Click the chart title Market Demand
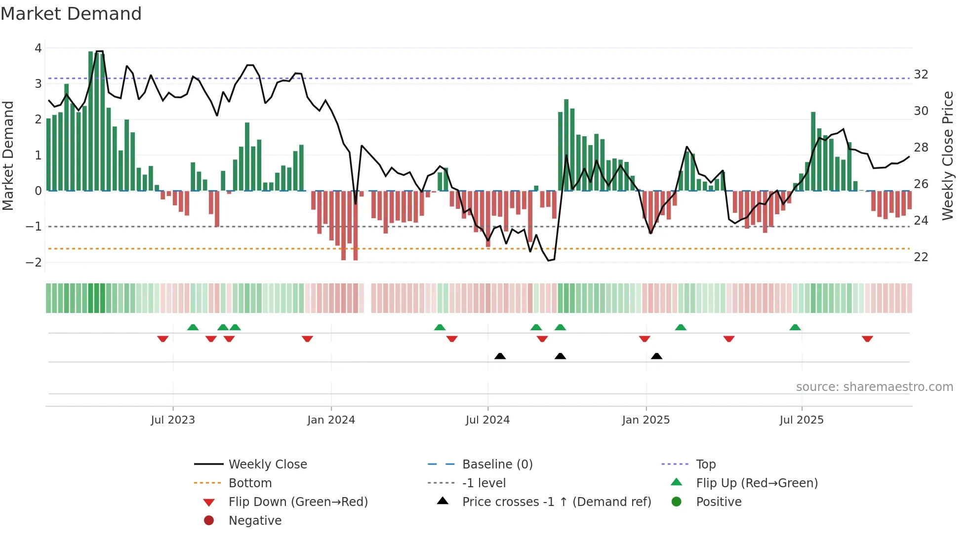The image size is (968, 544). coord(71,14)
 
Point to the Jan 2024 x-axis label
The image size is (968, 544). coord(331,420)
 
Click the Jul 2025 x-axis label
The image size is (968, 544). coord(802,420)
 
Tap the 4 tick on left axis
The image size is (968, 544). coord(38,48)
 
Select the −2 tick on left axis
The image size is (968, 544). coord(34,262)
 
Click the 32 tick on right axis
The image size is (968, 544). coord(921,75)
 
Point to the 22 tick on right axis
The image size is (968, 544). coord(921,257)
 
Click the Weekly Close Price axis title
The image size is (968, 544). coord(947,155)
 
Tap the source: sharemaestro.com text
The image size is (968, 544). coord(874,387)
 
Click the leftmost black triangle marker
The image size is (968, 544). coord(500,356)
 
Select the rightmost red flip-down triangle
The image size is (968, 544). coord(867,339)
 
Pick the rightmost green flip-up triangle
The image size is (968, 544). coord(795,327)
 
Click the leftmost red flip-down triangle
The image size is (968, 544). coord(162,339)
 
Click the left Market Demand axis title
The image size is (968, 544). coord(8,155)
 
